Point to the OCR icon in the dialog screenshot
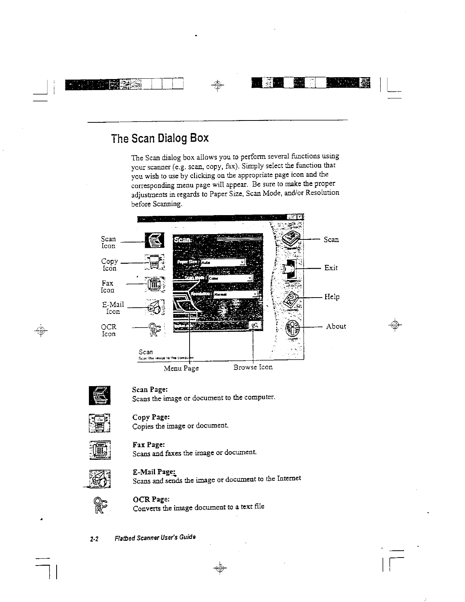point(154,328)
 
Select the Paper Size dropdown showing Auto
point(223,262)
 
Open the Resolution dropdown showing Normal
point(235,294)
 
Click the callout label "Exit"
point(331,268)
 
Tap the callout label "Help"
point(332,297)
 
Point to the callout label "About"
point(336,326)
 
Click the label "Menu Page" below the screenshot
point(181,368)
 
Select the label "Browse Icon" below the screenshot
point(253,367)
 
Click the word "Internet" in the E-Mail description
point(288,478)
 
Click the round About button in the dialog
point(293,327)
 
